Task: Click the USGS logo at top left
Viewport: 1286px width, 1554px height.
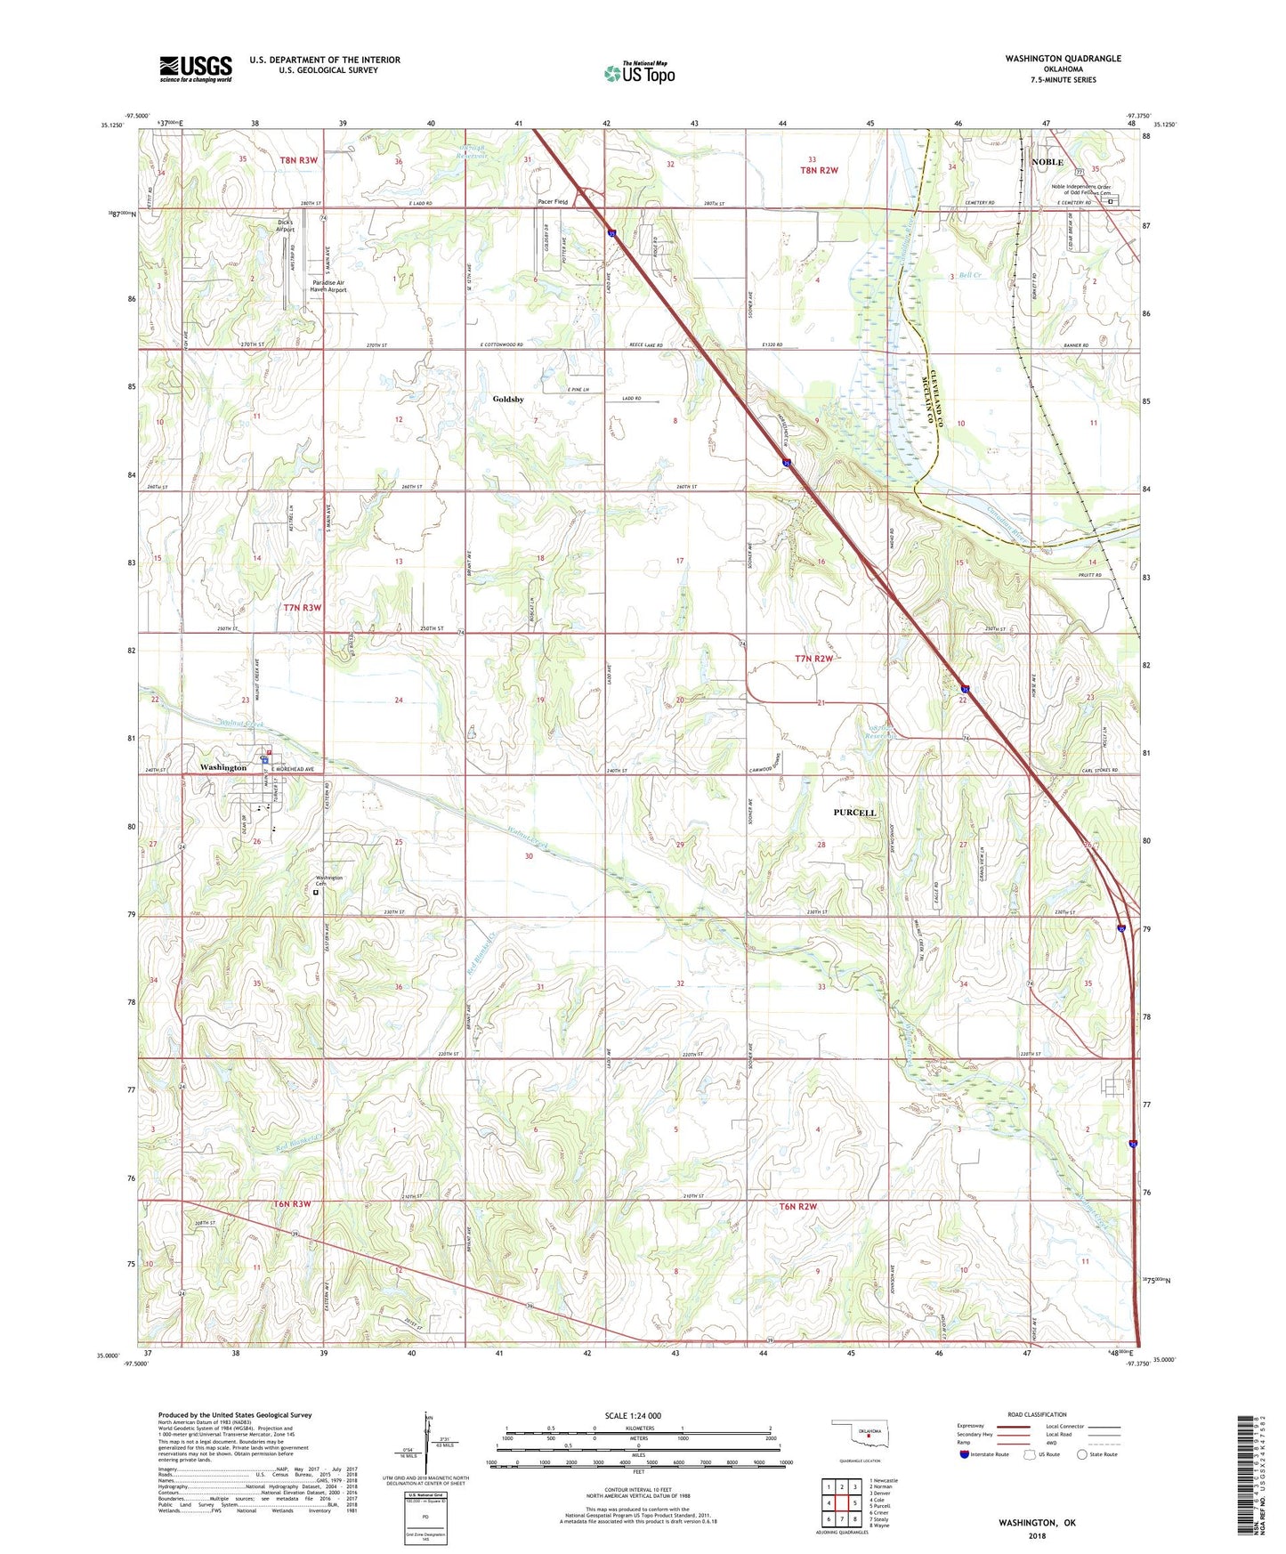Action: pyautogui.click(x=196, y=69)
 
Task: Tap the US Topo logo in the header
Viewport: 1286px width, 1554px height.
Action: pyautogui.click(x=639, y=73)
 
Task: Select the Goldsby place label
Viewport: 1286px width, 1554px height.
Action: pyautogui.click(x=508, y=400)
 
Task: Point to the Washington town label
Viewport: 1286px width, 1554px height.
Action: pyautogui.click(x=222, y=767)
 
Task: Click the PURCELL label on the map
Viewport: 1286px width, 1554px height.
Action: pyautogui.click(x=854, y=813)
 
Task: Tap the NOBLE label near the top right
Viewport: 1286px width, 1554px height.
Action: pyautogui.click(x=1047, y=163)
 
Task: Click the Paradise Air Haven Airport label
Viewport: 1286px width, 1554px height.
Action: pyautogui.click(x=328, y=286)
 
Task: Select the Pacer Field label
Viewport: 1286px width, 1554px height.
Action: pyautogui.click(x=553, y=202)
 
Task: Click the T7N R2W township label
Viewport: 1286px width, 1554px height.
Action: pyautogui.click(x=814, y=659)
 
